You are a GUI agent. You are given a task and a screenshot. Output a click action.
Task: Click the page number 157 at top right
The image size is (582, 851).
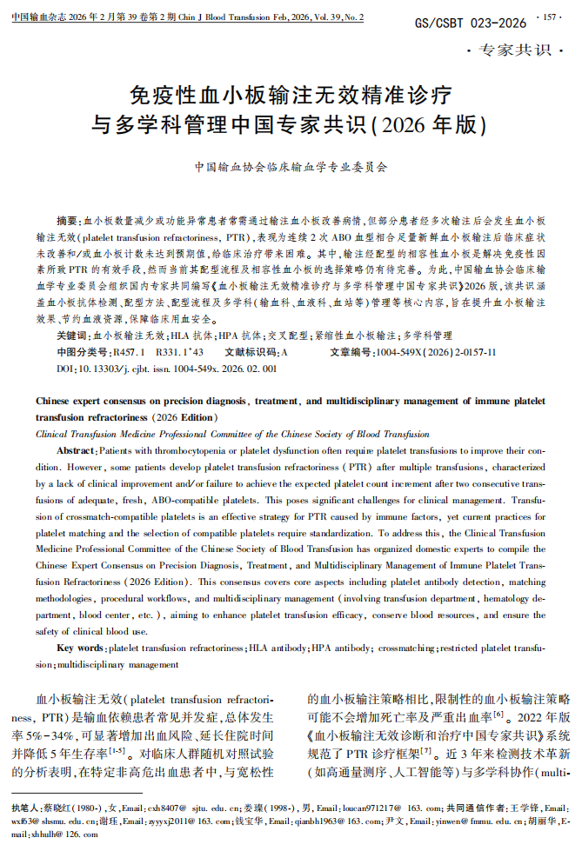pyautogui.click(x=553, y=17)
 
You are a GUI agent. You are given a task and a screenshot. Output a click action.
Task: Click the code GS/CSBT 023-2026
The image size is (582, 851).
pyautogui.click(x=470, y=23)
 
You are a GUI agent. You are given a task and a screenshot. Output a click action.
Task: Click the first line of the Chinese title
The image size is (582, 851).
pyautogui.click(x=290, y=93)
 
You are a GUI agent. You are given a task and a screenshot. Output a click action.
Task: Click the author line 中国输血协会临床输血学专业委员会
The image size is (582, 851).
pyautogui.click(x=291, y=165)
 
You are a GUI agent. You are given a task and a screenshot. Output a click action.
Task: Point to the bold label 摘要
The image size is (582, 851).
pyautogui.click(x=67, y=221)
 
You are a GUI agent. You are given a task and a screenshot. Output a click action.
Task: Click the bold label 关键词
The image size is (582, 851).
pyautogui.click(x=72, y=335)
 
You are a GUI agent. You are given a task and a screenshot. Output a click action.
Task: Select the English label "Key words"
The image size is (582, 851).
pyautogui.click(x=81, y=648)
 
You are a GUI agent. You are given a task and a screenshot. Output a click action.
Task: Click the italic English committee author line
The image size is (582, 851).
pyautogui.click(x=220, y=433)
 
